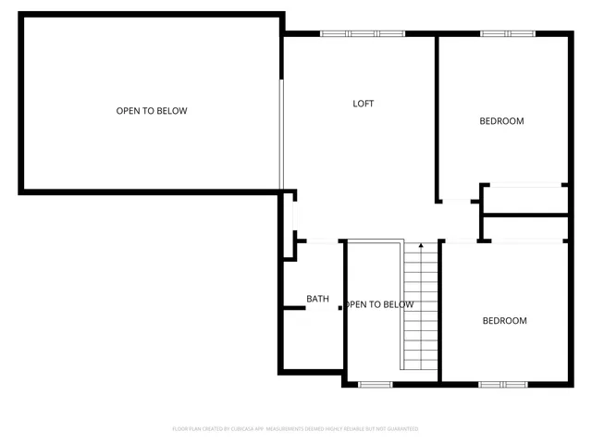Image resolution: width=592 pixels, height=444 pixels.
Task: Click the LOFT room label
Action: [x=364, y=104]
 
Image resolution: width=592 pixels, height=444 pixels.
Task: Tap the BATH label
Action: [x=317, y=299]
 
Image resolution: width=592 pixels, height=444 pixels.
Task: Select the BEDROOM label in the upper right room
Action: [x=501, y=121]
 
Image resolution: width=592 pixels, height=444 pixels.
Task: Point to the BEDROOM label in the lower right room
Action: [x=504, y=321]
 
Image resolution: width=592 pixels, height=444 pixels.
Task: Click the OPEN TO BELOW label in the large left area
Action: [x=152, y=111]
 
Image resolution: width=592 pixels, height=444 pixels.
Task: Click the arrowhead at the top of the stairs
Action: [x=421, y=246]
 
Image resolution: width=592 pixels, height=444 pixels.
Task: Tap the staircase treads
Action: [x=421, y=310]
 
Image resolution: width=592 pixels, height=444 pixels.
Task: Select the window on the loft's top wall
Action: [x=364, y=34]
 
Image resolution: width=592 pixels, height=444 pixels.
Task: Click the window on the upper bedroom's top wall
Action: [x=507, y=34]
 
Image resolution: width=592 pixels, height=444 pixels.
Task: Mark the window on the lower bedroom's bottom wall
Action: [x=502, y=384]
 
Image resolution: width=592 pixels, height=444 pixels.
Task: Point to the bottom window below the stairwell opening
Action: [x=375, y=384]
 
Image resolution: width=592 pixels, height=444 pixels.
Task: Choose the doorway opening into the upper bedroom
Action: [x=457, y=201]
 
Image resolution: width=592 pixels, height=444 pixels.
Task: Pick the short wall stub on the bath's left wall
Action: [x=294, y=307]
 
